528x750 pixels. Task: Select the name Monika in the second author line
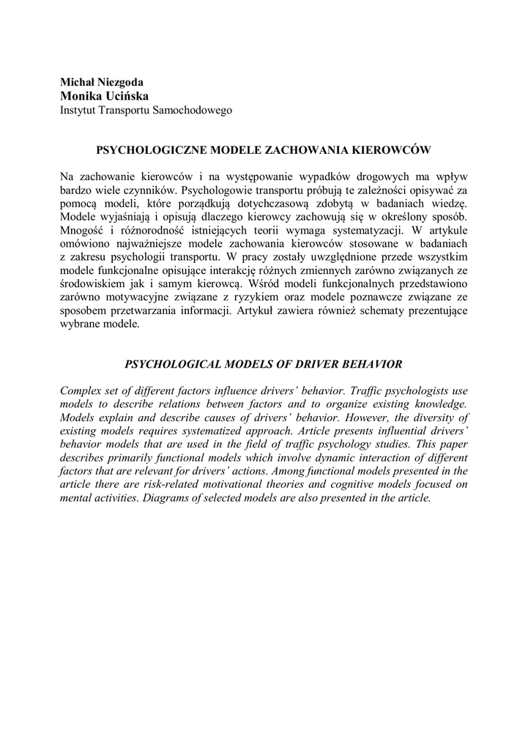81,96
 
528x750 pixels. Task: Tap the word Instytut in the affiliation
78,111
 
